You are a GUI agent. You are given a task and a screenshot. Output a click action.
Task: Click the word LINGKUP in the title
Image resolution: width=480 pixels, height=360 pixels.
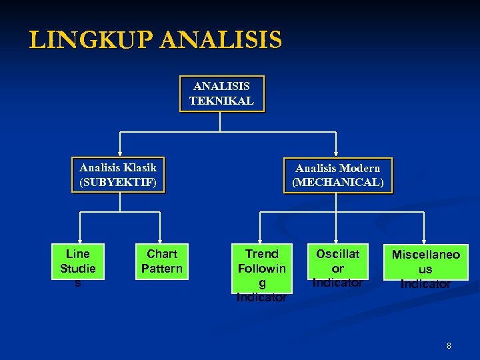(x=91, y=41)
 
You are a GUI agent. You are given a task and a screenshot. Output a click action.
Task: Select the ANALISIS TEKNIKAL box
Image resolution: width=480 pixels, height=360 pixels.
(x=222, y=93)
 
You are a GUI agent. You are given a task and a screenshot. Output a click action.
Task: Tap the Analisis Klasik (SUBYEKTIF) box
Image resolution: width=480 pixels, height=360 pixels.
(x=118, y=175)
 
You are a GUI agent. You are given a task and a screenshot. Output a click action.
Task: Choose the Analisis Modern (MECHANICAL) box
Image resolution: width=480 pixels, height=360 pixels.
(x=338, y=175)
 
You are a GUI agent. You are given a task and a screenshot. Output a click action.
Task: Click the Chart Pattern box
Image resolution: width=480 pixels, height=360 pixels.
(x=162, y=261)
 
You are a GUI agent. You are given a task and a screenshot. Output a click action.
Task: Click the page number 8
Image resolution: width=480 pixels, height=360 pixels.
(x=449, y=346)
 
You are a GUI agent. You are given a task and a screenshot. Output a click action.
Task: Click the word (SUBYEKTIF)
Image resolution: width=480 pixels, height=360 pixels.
(x=118, y=182)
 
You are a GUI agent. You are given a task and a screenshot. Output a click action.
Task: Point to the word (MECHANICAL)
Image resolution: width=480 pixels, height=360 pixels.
(x=338, y=183)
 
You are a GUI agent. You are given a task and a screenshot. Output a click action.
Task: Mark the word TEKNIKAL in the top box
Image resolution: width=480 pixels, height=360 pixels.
(x=222, y=101)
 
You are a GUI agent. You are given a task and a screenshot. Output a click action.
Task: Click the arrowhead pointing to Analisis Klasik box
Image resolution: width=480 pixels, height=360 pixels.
(x=120, y=153)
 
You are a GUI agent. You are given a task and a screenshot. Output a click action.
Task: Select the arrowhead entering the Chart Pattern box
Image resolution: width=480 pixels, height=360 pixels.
(x=162, y=240)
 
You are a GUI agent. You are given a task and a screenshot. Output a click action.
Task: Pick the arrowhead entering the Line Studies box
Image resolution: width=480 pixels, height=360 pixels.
(x=79, y=240)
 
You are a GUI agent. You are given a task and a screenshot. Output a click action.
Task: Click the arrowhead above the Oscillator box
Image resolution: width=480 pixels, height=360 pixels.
(x=338, y=240)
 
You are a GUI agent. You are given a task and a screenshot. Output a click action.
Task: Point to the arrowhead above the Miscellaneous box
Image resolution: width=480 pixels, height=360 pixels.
(x=424, y=240)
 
